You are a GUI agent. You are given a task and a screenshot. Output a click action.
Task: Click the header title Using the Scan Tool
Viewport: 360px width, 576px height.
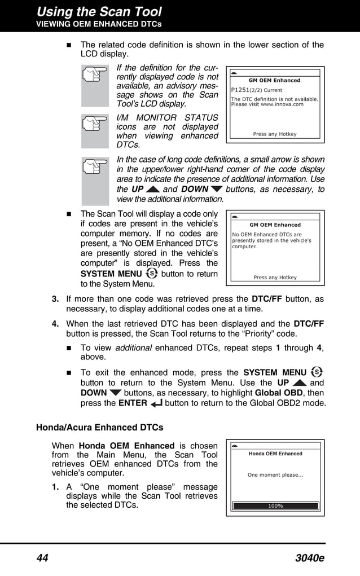pos(99,11)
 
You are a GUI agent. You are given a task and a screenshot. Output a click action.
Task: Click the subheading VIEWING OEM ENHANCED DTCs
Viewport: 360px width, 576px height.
pos(99,24)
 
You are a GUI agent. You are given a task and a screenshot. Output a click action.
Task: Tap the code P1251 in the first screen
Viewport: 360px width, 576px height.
pos(240,90)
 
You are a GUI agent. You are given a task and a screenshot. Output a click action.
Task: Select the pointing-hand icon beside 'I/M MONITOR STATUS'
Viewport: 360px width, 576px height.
pos(95,131)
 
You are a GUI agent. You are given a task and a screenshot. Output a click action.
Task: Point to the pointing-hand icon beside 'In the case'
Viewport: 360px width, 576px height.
pos(95,181)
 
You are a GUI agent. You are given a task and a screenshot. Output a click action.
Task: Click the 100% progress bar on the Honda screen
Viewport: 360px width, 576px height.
pos(275,506)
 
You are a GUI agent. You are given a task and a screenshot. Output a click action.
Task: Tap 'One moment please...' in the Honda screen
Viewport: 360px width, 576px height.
pos(275,475)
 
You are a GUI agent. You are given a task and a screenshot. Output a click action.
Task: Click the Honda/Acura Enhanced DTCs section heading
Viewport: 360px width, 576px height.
pos(99,427)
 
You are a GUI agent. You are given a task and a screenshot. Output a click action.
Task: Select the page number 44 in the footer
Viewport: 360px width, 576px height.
pos(42,559)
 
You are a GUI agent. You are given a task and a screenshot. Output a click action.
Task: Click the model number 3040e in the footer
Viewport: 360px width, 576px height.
pos(309,559)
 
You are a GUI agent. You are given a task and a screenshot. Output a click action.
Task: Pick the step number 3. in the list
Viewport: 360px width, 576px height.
pos(56,299)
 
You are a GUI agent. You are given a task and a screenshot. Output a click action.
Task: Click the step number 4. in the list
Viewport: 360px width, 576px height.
pos(56,324)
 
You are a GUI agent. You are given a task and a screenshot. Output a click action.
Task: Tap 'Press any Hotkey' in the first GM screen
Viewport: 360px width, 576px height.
pos(275,134)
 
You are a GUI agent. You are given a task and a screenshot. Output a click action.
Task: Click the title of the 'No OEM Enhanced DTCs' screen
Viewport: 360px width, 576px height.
pos(275,225)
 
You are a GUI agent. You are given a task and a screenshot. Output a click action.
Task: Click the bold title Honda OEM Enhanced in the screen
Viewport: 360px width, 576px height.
pos(275,454)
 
